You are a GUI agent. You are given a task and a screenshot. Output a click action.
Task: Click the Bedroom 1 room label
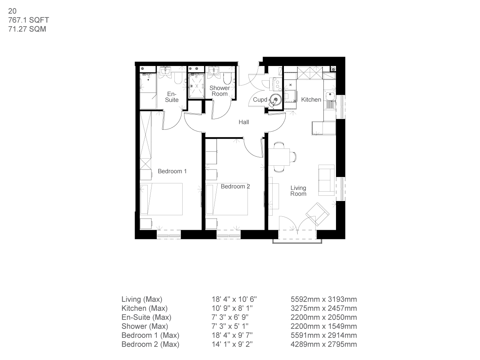click(x=172, y=171)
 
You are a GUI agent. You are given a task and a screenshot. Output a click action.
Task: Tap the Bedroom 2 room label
click(x=235, y=186)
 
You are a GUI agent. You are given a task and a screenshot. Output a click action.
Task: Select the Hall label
click(x=244, y=122)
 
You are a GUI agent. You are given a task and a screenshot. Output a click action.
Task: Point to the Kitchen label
click(x=311, y=100)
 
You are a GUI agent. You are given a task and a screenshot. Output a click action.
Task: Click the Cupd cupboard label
click(x=260, y=100)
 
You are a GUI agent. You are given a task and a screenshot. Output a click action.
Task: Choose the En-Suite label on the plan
click(x=172, y=97)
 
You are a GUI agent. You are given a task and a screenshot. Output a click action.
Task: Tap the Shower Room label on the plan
click(x=219, y=91)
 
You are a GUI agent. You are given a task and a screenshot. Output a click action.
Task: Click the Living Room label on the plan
click(x=298, y=190)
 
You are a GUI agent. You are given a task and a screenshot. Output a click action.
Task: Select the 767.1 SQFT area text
click(x=28, y=20)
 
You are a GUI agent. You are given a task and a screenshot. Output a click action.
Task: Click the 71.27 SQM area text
click(x=27, y=29)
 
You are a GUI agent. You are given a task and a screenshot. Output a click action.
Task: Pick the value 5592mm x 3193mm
click(x=324, y=299)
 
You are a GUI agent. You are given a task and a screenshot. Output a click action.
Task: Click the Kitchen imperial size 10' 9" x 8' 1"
click(x=234, y=308)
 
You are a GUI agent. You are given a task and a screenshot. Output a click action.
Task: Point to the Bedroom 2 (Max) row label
click(x=150, y=344)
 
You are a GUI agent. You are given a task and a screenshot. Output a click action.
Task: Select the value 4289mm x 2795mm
click(x=324, y=344)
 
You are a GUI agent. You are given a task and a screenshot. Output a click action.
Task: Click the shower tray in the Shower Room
click(x=196, y=85)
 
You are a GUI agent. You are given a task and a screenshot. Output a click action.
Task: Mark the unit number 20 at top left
click(x=12, y=11)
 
